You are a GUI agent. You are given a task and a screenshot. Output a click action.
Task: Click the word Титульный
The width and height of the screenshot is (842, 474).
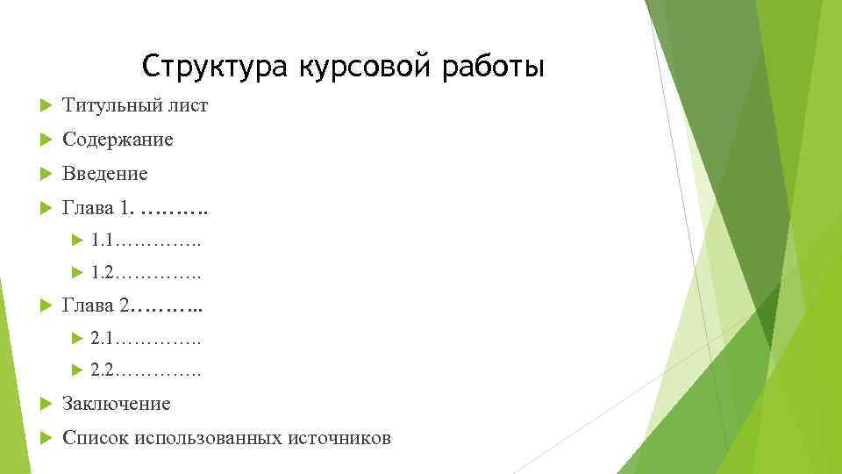pyautogui.click(x=111, y=106)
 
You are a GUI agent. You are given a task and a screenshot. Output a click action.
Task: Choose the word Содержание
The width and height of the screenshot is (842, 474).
pyautogui.click(x=118, y=140)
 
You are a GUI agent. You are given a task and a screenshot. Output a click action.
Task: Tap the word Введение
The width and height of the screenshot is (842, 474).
pyautogui.click(x=105, y=174)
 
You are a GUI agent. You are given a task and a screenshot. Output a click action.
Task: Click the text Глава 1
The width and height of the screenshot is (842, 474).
pyautogui.click(x=99, y=208)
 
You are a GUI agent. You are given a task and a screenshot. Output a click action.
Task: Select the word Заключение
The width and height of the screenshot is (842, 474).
pyautogui.click(x=117, y=404)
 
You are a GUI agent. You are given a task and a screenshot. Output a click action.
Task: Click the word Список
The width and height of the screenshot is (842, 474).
pyautogui.click(x=96, y=437)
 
